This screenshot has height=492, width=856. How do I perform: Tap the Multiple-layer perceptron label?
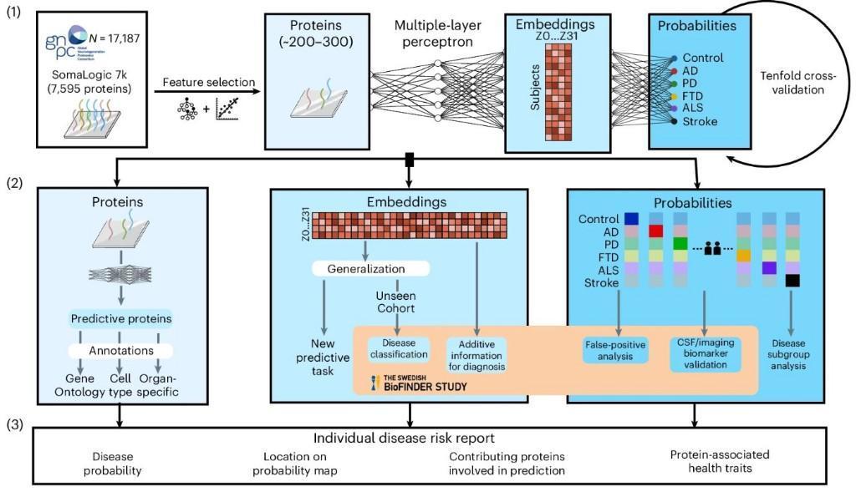(436, 32)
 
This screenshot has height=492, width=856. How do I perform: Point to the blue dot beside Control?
(673, 58)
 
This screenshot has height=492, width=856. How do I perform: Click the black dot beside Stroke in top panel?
(673, 121)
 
